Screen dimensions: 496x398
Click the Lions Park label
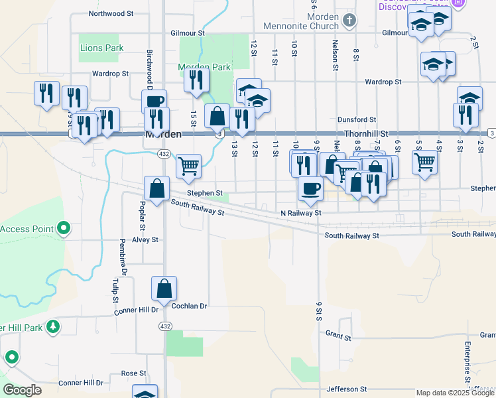click(101, 48)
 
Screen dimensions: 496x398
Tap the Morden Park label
click(204, 67)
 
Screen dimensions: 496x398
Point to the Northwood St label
click(111, 13)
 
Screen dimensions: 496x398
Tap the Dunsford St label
click(357, 120)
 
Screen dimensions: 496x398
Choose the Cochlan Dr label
click(190, 306)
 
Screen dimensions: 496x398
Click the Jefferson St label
click(346, 389)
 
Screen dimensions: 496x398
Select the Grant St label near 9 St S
click(338, 338)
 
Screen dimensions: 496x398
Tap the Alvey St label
click(145, 239)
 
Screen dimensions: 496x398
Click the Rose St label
click(133, 373)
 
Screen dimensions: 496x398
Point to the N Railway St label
click(300, 213)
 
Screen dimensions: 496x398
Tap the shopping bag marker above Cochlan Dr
click(164, 289)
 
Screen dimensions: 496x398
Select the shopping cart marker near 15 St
click(189, 165)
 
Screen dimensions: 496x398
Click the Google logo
click(23, 390)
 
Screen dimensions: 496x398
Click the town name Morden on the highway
click(162, 134)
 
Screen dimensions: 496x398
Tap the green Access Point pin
click(64, 229)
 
